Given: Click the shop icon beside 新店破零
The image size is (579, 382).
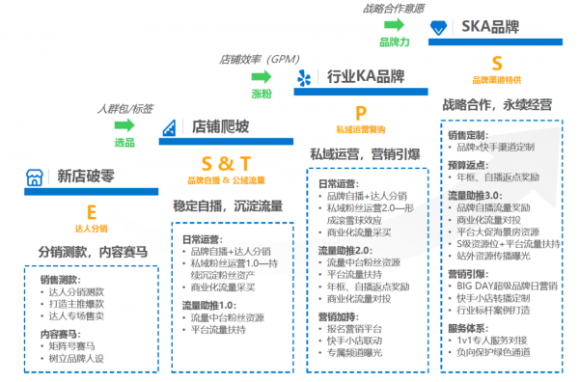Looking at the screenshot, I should (34, 177).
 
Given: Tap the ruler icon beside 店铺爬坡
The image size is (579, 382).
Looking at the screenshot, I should (171, 127).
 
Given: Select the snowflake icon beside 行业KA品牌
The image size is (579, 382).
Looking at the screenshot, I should (305, 77).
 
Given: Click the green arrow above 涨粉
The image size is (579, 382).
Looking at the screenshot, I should (261, 76).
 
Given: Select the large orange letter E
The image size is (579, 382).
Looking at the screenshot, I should (92, 210).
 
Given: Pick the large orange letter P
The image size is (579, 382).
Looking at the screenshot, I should (361, 113).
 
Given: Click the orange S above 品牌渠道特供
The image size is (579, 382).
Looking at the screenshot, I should (497, 64).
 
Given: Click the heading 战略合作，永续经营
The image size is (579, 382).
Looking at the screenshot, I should (496, 104).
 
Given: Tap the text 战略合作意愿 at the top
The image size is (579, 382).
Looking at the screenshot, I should (396, 9).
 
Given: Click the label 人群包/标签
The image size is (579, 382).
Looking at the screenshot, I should (124, 108).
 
